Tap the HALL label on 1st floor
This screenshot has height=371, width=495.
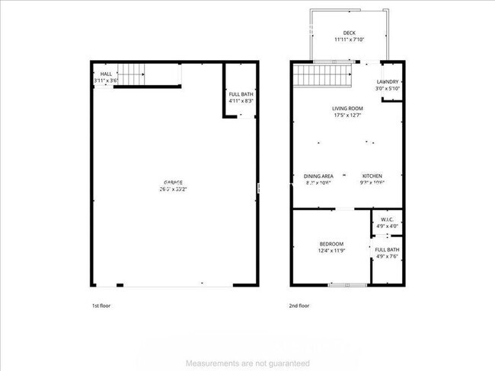107,74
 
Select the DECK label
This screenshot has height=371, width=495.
349,33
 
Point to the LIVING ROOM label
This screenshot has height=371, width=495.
346,109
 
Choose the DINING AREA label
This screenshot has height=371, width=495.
319,176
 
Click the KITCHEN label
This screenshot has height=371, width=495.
372,176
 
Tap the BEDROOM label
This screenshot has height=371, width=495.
331,243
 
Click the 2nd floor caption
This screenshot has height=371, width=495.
299,306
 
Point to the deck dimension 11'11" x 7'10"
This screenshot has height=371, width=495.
349,40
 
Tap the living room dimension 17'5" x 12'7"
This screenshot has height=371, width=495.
346,116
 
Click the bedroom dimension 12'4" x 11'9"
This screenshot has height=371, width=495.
331,250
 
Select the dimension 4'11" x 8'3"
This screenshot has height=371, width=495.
241,101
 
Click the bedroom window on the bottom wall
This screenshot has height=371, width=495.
346,285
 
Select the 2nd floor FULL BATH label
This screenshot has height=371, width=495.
387,249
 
